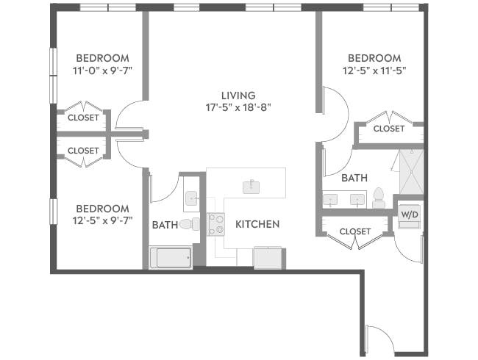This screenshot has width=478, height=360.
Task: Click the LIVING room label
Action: click(238, 96)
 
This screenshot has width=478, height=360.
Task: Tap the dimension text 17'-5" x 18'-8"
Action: click(238, 107)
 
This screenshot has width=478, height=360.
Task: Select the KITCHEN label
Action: click(257, 224)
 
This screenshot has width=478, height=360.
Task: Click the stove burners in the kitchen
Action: click(216, 224)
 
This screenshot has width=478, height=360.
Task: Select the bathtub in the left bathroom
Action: click(171, 257)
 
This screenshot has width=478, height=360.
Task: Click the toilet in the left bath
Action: click(188, 224)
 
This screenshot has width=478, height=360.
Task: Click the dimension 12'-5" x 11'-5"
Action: click(374, 71)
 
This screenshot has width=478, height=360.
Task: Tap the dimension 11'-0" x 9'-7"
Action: click(103, 71)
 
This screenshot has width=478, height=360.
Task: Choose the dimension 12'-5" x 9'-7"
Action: click(103, 220)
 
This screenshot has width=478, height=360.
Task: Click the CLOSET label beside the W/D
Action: click(355, 231)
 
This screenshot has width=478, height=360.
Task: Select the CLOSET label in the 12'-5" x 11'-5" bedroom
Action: click(388, 129)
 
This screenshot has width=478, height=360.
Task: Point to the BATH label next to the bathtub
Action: click(165, 225)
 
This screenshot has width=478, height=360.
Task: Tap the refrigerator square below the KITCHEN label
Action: click(267, 257)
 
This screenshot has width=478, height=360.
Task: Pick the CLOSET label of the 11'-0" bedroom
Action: click(83, 118)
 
